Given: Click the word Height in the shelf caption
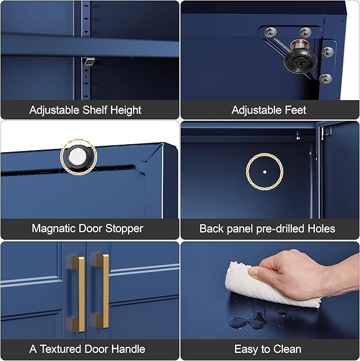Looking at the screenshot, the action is coord(126,110).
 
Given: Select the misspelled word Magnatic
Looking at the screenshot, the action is coord(54,228).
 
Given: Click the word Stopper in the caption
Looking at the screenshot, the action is coord(124,229).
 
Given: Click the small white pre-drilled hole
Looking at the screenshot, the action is coord(265,172).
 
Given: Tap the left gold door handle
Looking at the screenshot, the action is coord(77,294).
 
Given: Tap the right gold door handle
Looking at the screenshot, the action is coord(101,291).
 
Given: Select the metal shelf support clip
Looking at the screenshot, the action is coord(89,61).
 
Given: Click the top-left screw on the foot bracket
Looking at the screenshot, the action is coord(270,32).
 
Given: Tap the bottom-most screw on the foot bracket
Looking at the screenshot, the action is coord(326,78).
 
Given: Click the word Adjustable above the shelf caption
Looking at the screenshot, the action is coord(54,110).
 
